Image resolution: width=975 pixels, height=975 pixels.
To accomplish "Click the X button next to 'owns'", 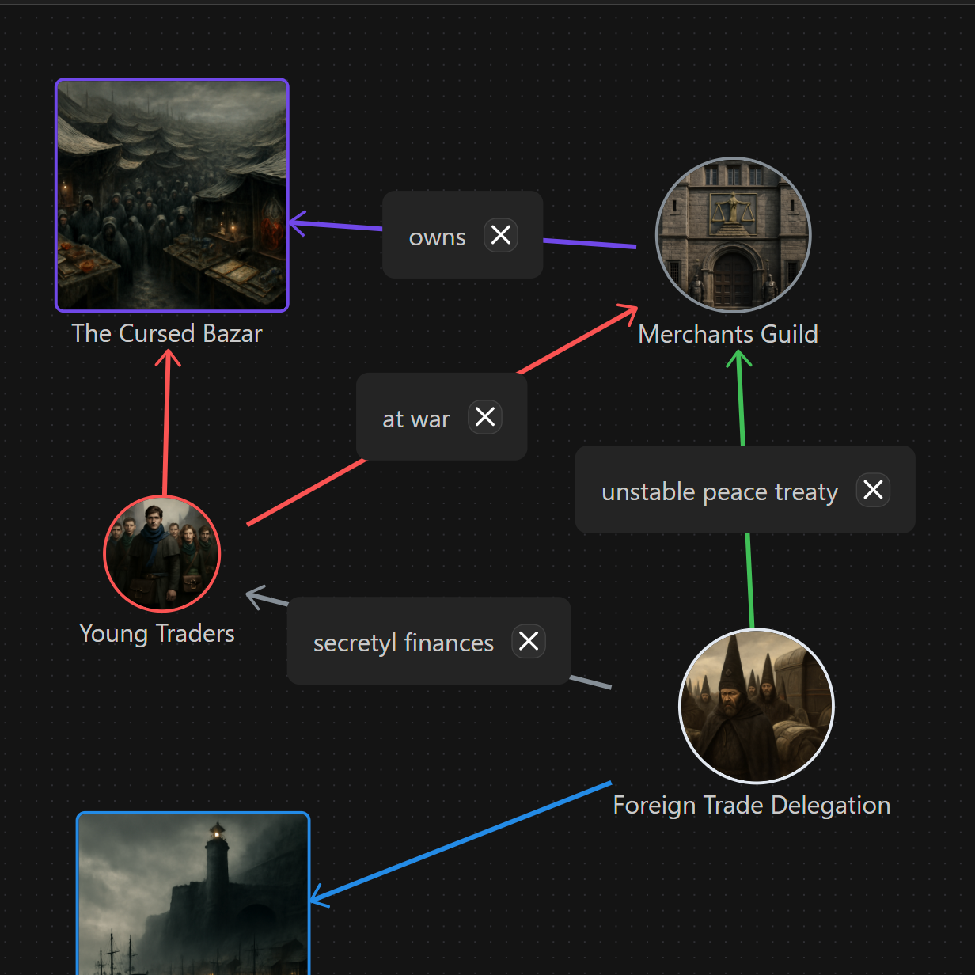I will (x=501, y=235).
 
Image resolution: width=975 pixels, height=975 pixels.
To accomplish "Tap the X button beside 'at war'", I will (x=485, y=417).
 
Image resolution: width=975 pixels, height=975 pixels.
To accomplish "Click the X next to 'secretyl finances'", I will (x=529, y=641).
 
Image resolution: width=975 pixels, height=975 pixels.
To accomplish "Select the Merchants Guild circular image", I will (x=734, y=235).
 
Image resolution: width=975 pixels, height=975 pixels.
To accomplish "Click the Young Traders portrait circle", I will (x=162, y=553).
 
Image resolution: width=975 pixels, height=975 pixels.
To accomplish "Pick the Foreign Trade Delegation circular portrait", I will (x=757, y=706).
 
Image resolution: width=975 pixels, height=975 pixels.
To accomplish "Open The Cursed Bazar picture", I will (x=172, y=195).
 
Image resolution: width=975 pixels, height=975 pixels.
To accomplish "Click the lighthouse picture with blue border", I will (x=193, y=894).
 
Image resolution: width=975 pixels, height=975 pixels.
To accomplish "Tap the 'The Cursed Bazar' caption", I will (x=167, y=333).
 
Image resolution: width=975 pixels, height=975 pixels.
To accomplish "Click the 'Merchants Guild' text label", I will (x=728, y=334).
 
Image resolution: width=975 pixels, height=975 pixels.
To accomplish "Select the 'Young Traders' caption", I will (x=157, y=633).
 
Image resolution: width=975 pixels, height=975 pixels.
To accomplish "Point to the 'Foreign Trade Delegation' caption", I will (x=752, y=805).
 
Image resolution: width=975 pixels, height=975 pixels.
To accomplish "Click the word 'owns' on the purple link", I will (x=437, y=237).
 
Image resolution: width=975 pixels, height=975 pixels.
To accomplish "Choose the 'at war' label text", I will (x=416, y=419).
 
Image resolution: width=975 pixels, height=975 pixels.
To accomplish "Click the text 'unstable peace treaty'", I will (x=719, y=491).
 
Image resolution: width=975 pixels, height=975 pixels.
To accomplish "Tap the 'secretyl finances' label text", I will (x=404, y=643).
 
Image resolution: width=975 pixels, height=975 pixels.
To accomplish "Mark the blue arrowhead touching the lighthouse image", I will (x=315, y=897).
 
